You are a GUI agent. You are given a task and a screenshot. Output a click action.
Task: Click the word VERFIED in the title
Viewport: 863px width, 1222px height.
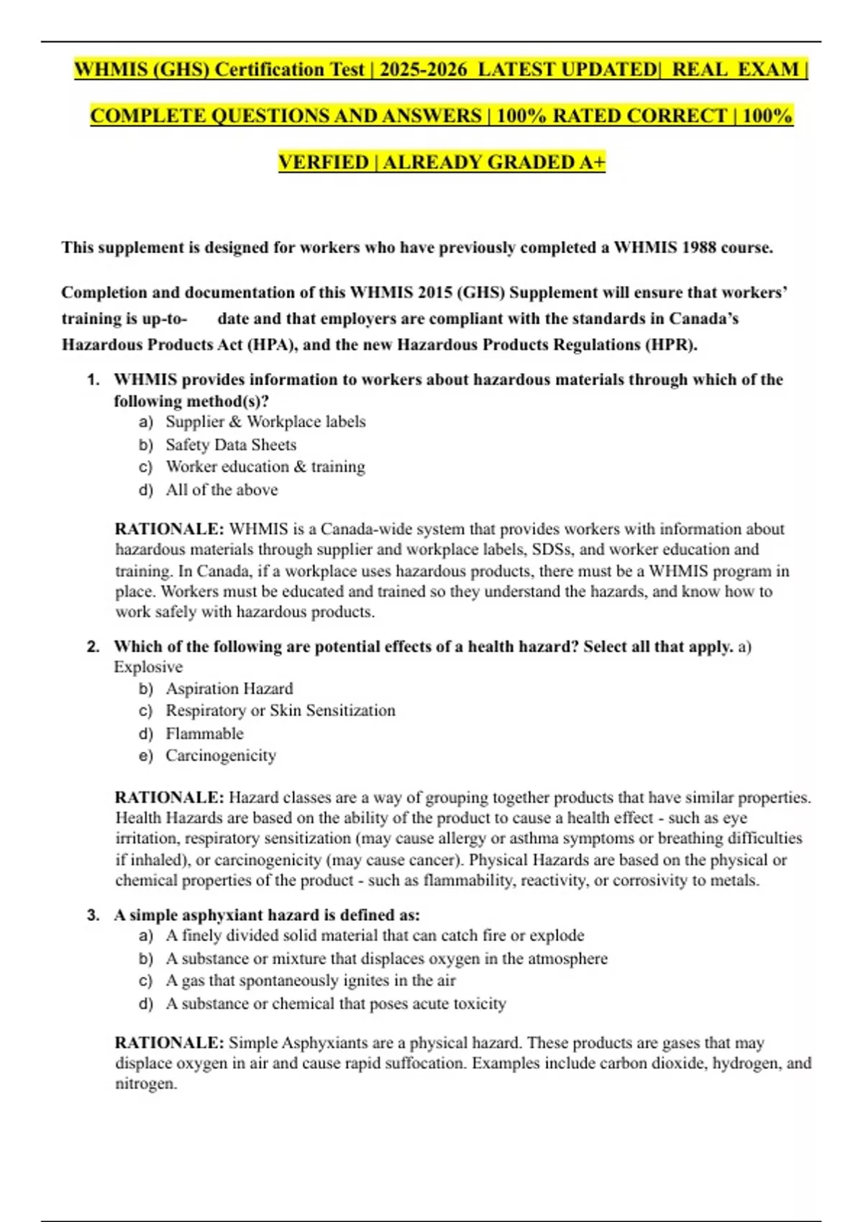click(x=323, y=162)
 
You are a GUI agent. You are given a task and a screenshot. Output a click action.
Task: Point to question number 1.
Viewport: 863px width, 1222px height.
click(x=93, y=380)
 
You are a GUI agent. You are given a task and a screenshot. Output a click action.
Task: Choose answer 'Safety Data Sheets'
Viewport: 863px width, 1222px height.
click(x=230, y=445)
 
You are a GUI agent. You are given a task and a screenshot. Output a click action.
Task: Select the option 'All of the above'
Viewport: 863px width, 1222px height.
click(x=222, y=490)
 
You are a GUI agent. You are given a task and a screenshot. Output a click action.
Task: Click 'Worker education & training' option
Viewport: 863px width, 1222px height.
click(x=265, y=467)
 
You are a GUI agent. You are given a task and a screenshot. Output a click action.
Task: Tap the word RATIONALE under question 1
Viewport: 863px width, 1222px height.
click(x=169, y=530)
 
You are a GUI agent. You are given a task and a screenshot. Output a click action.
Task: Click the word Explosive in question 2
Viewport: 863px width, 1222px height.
click(x=148, y=667)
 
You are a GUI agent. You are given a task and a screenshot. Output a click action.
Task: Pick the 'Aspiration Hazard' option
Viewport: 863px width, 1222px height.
click(x=229, y=689)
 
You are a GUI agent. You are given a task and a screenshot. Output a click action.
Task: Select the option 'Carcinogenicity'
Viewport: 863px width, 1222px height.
click(x=220, y=755)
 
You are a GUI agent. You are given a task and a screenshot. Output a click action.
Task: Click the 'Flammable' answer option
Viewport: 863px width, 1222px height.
click(x=204, y=734)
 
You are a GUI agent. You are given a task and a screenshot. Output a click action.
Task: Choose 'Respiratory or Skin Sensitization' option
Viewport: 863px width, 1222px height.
click(x=280, y=711)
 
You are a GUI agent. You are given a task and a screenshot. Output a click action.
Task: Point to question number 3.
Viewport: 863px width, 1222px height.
click(x=93, y=916)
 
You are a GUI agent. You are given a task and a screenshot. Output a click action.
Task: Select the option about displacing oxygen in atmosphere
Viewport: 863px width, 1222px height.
click(x=386, y=959)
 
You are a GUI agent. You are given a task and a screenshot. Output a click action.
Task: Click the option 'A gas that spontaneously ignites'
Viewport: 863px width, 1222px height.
click(x=310, y=981)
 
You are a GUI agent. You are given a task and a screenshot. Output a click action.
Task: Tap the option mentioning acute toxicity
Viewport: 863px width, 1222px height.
click(x=335, y=1003)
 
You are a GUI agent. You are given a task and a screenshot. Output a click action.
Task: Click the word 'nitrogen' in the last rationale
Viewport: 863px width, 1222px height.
click(x=145, y=1084)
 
